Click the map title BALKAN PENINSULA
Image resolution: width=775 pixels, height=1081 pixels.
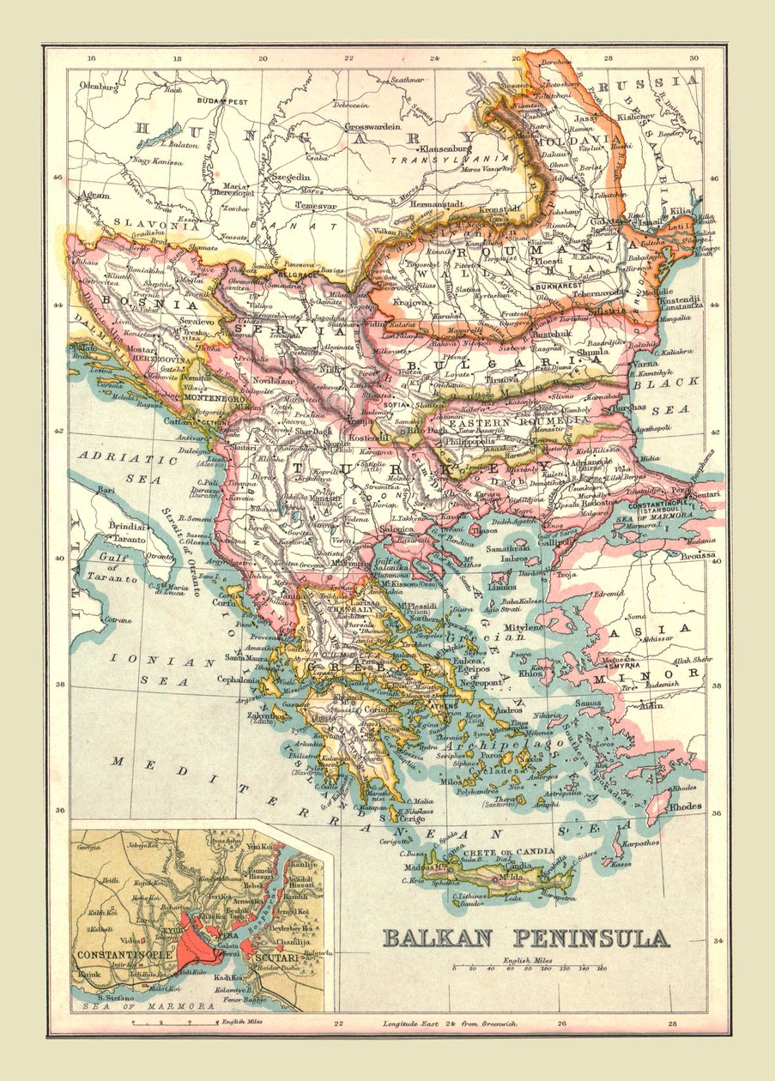(x=525, y=938)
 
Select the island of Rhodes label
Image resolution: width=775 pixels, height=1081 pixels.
(x=686, y=806)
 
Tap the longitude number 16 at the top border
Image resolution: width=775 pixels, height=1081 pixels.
(x=91, y=58)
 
